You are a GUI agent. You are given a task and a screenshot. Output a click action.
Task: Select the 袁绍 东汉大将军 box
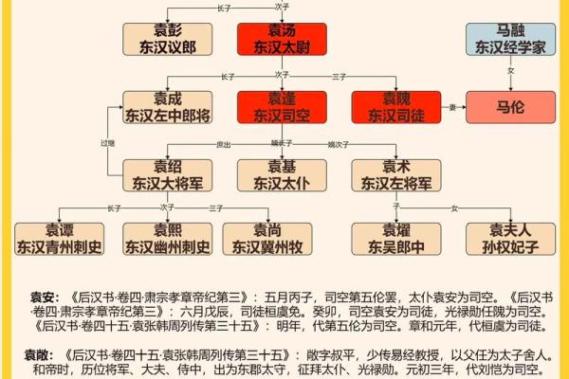[x=168, y=175]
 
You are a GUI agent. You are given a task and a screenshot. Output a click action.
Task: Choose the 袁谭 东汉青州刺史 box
[x=59, y=240]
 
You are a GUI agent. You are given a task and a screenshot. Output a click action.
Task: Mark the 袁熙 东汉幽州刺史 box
[x=168, y=240]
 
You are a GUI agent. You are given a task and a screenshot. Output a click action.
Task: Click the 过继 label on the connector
[x=107, y=143]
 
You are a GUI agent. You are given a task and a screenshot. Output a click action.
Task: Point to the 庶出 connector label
[x=224, y=144]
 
